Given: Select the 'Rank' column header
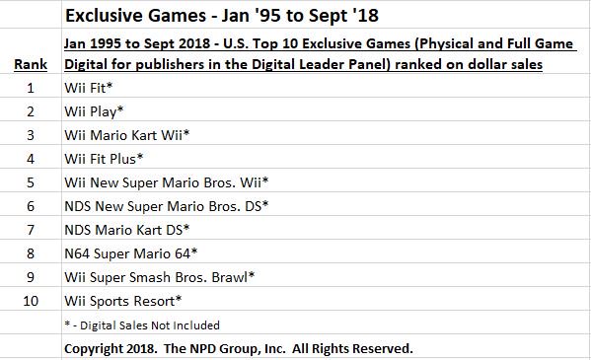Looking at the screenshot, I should [31, 64].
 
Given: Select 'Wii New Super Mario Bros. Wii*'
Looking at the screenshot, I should [165, 181].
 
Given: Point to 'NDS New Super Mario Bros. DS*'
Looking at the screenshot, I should [167, 206].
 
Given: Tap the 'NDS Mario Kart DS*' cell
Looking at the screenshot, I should [127, 230].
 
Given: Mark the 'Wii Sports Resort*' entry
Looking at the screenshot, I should [122, 301].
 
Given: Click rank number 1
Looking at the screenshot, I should [31, 88].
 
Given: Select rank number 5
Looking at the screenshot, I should [31, 181].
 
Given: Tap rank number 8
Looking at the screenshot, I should [31, 253].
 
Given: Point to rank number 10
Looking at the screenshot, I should [31, 301].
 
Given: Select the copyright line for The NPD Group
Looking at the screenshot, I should [238, 348].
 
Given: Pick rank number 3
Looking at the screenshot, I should [31, 135].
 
